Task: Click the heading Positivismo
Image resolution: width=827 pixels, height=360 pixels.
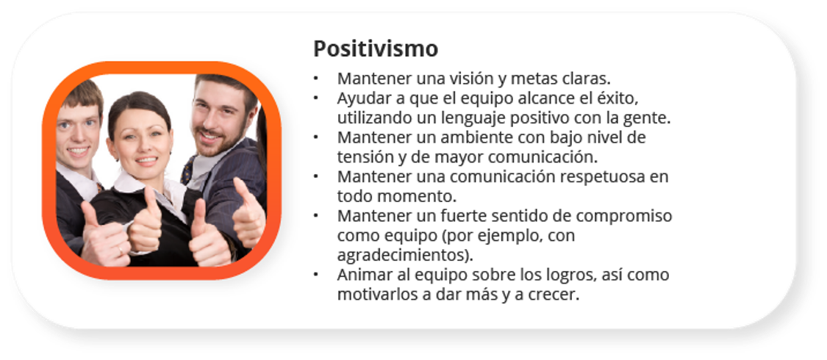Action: click(376, 49)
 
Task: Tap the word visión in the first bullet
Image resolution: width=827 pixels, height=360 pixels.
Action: click(464, 79)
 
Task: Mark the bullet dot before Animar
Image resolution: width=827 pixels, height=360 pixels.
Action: click(316, 275)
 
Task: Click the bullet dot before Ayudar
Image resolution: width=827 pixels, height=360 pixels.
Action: click(316, 98)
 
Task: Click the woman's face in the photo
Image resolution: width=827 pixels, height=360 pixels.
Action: click(140, 143)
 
